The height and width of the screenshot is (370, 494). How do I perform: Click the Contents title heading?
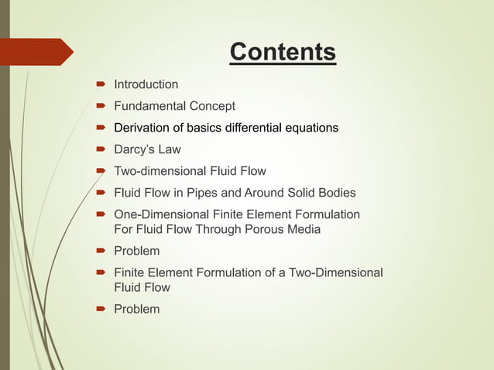point(283,53)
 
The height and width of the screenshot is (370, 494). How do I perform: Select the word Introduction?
point(146,84)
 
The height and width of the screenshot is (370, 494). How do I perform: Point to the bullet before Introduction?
point(101,84)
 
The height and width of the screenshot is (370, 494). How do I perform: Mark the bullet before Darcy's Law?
point(101,149)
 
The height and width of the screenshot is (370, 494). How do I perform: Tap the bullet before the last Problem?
point(101,310)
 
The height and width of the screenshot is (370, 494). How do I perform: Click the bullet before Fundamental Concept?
point(101,106)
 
